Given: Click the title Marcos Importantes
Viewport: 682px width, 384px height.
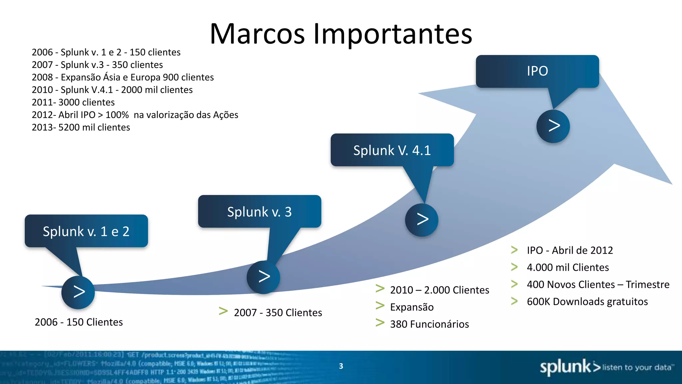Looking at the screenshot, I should pos(341,34).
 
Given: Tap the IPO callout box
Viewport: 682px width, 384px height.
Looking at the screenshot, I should pos(537,71).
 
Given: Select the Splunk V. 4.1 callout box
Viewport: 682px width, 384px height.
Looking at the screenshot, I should pos(392,150).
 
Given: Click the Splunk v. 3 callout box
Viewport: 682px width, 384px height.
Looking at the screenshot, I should pos(259,212).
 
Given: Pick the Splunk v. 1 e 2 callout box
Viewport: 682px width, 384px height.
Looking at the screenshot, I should pos(86,231).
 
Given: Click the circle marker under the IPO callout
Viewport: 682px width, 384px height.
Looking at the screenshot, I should pos(553,126).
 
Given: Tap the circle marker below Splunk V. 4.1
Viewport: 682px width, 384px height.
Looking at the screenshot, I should pos(422,220).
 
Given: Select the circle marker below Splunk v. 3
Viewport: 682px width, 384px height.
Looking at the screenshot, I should pos(263,277).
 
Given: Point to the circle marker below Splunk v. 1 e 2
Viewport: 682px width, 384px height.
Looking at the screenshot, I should pos(78,292).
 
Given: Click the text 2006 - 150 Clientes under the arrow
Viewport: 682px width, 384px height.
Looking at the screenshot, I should pos(79,322).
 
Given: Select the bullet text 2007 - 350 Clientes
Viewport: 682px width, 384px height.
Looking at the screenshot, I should pos(278,313).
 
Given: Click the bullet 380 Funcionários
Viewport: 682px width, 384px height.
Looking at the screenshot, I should pos(429,324).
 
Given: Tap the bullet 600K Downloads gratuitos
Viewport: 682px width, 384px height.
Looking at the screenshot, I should pos(587,302).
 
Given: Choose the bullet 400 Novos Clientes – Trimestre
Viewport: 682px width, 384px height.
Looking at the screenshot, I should pos(598,285).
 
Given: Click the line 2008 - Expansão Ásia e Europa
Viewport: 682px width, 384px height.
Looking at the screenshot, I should pos(123,77).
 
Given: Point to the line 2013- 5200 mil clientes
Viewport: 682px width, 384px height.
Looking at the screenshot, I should pos(81,127).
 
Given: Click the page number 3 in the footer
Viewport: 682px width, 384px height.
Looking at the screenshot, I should pos(341,366).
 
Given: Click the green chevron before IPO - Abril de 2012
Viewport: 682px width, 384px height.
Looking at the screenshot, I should pos(514,250).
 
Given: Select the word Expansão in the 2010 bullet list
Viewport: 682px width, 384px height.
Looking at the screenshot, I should pos(412,307).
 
